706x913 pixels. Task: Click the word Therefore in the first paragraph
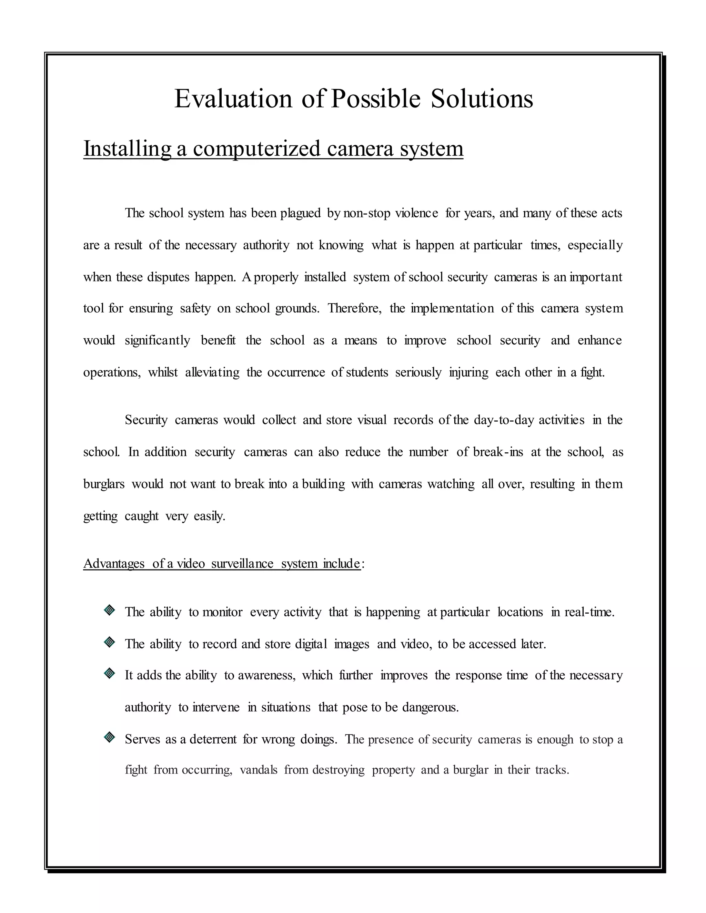[354, 308]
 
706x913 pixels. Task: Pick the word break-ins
[498, 452]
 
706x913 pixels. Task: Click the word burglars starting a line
[104, 484]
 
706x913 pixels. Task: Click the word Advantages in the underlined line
[114, 564]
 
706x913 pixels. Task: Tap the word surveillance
[242, 564]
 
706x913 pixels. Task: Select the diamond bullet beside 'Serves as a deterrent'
[109, 737]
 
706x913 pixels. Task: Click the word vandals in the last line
[258, 770]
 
